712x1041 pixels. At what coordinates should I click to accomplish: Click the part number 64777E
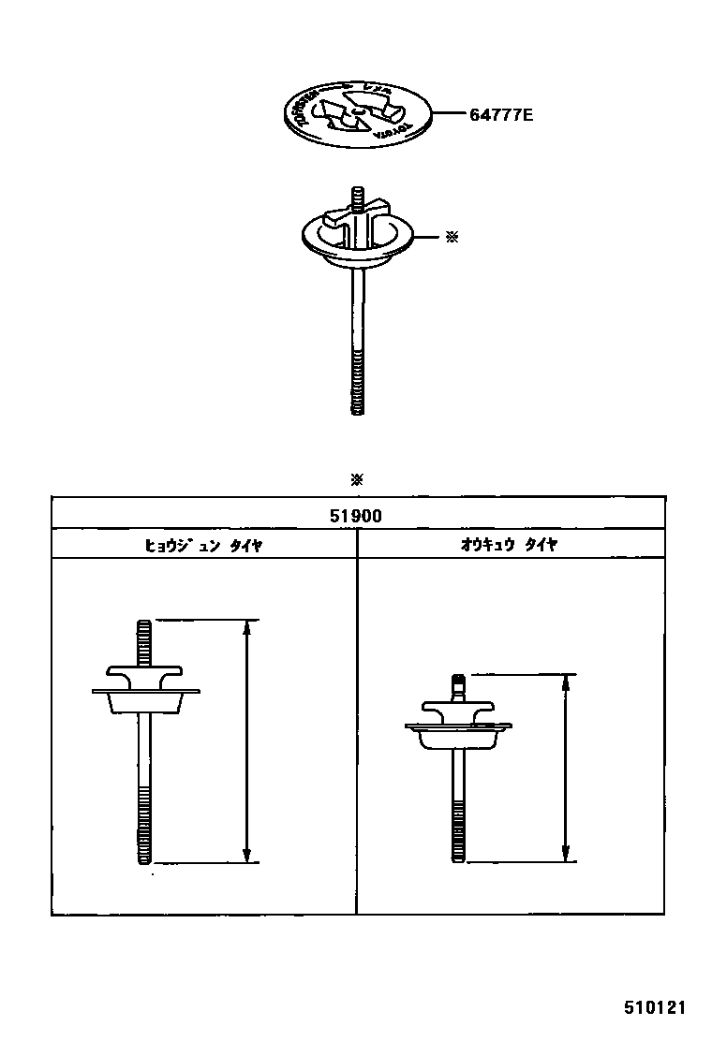coord(500,116)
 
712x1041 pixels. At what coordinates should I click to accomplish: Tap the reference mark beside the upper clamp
coord(451,238)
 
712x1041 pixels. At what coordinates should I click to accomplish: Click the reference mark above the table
coord(356,480)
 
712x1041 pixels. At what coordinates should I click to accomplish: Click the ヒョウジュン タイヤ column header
coord(203,545)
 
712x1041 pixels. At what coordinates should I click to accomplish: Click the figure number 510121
coord(656,1009)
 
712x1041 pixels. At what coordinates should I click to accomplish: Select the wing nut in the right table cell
coord(457,709)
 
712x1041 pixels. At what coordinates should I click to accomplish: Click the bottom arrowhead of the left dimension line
coord(246,855)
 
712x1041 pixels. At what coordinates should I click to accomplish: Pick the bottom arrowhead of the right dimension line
coord(565,854)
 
